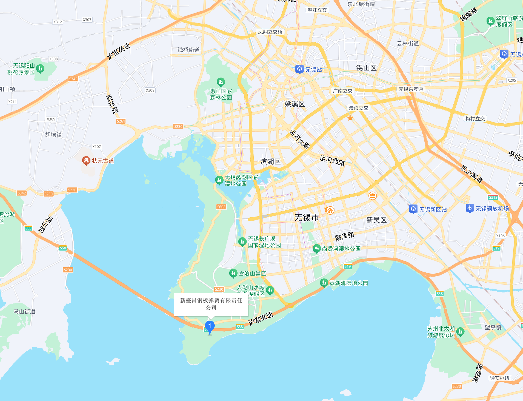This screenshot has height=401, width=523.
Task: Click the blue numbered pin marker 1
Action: pos(210,326)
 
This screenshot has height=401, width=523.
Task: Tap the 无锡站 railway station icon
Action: pos(299,69)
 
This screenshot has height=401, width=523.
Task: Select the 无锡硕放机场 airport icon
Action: pos(470,208)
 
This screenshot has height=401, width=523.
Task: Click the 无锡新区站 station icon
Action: pos(413,209)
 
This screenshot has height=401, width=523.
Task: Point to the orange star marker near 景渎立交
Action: pos(350,118)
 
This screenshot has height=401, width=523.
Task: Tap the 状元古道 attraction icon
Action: pos(86,161)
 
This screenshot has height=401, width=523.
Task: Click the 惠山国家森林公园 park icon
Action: pos(221,82)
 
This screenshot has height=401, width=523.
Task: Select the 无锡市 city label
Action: pos(307,218)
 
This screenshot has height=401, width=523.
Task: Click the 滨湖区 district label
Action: pos(270,161)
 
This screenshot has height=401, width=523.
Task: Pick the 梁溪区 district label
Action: pos(295,104)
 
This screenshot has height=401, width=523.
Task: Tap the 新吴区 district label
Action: pos(376,220)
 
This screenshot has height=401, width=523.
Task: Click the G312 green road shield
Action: pos(493,197)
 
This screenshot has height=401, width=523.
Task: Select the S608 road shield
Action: pos(221,207)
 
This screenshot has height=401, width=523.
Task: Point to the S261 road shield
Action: pos(121,121)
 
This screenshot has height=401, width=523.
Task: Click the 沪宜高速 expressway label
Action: pos(119,51)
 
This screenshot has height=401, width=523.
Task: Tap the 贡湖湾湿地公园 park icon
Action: pos(324,283)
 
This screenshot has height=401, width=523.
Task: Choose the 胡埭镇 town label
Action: pos(53,135)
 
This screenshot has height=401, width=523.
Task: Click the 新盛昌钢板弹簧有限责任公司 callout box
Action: pos(211,304)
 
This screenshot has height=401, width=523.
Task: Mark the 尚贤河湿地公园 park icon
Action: pos(316,249)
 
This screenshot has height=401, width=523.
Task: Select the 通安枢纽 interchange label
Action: pos(499,378)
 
